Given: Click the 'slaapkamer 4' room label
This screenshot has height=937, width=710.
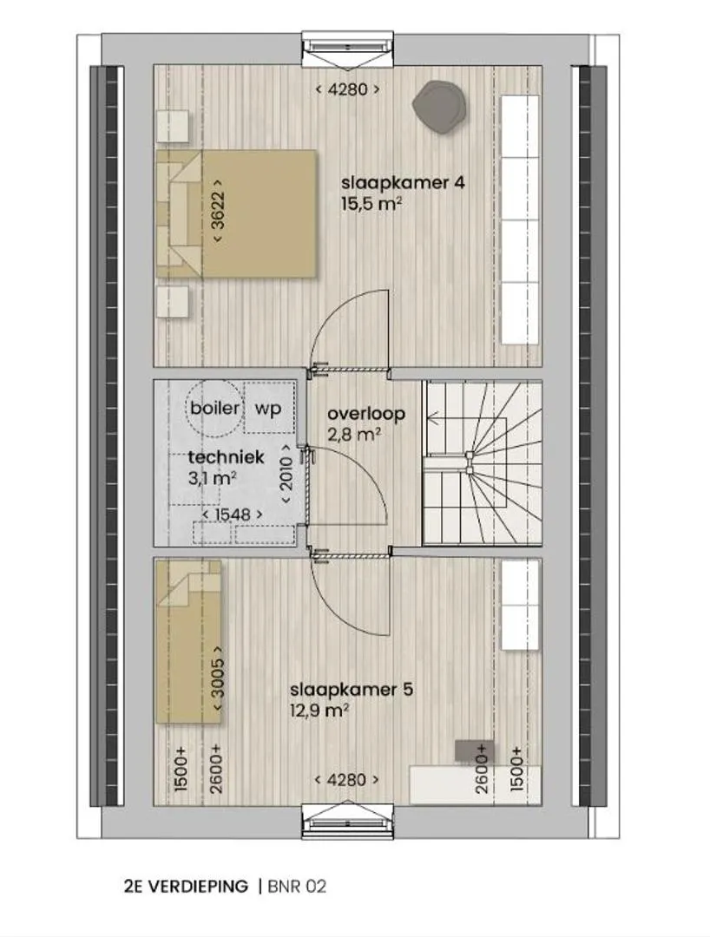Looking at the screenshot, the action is (403, 182).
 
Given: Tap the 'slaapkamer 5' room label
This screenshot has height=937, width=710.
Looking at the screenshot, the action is (352, 690).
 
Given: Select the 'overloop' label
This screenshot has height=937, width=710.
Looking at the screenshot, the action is (366, 414).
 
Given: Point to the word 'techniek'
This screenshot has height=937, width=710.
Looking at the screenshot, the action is (226, 458).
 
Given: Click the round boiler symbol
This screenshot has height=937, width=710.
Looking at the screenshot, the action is (214, 409).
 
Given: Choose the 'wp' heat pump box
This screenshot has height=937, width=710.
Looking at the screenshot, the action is (269, 408).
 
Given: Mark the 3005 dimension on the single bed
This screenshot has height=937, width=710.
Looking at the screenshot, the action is (218, 678).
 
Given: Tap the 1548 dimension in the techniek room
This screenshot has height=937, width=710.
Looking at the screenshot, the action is (233, 514).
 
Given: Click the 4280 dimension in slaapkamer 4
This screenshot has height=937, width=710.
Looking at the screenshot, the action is (348, 89).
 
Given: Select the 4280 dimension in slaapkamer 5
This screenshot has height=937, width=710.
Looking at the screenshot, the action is (347, 780).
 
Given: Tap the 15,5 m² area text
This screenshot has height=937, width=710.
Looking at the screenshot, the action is (371, 204).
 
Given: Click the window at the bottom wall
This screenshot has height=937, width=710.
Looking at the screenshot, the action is (348, 822).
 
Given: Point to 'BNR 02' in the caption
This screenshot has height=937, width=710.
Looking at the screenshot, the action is (298, 886).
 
